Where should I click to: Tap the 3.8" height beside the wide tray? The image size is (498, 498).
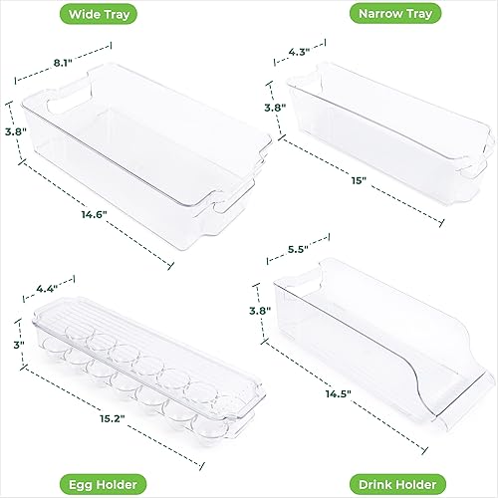pos(13,129)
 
